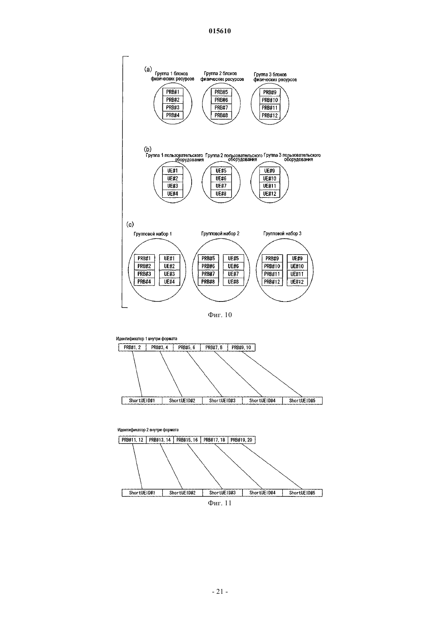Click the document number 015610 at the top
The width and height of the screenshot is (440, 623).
point(220,31)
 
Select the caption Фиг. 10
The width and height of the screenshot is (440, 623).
point(220,315)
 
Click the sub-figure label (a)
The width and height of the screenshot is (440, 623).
point(148,69)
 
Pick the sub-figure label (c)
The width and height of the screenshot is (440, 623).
point(130,224)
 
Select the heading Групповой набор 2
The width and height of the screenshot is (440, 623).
point(220,234)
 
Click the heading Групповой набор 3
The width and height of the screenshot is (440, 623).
point(282,234)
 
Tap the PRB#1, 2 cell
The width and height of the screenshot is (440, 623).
point(132,348)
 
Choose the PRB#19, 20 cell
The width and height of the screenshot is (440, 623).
point(241,440)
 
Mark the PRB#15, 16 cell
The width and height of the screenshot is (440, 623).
point(187,440)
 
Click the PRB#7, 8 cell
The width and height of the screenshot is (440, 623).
point(214,348)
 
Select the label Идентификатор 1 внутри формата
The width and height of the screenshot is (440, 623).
point(146,338)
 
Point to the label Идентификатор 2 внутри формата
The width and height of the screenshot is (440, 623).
point(148,430)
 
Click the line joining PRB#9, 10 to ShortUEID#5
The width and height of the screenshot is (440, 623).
point(272,374)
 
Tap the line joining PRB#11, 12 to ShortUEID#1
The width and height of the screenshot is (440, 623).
point(137,466)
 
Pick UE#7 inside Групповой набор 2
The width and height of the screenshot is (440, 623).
point(233,274)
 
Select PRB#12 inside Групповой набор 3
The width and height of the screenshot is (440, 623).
point(272,282)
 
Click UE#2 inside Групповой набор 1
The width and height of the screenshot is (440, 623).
point(170,266)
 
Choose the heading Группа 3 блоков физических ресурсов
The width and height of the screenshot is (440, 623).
point(275,77)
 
